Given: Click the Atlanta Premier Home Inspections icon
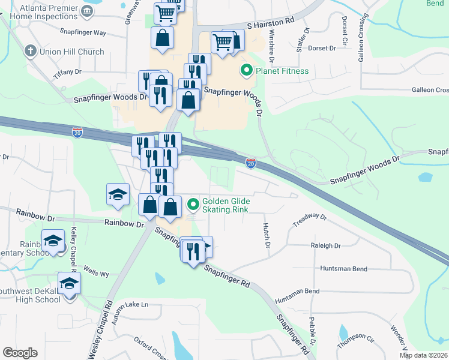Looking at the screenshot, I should click(88, 11).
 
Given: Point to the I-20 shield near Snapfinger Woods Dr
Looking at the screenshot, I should click(252, 163).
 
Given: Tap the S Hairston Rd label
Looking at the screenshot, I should click(271, 20).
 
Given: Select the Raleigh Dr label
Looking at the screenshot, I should click(325, 246).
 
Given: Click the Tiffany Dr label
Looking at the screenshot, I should click(67, 71).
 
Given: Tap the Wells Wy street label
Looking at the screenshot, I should click(96, 274).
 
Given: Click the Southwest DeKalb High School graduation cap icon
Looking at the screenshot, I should click(70, 283).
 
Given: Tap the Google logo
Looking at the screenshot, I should click(20, 353).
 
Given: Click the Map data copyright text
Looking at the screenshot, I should click(423, 355).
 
